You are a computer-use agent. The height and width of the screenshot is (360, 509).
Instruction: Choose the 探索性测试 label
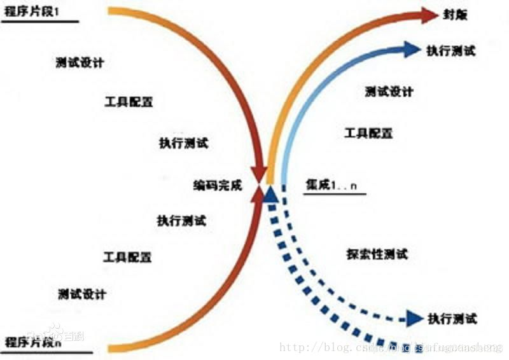pyautogui.click(x=377, y=254)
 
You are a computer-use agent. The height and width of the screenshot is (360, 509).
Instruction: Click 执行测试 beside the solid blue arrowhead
pyautogui.click(x=450, y=50)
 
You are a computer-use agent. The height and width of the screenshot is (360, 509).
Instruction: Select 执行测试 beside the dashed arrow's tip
pyautogui.click(x=452, y=318)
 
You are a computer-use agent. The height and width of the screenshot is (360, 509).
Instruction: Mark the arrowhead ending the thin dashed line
pyautogui.click(x=415, y=318)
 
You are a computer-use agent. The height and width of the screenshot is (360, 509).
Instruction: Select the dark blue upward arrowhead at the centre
pyautogui.click(x=270, y=193)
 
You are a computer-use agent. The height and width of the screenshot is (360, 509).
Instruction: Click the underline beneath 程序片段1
pyautogui.click(x=41, y=22)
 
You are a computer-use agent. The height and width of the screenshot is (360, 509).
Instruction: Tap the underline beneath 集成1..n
pyautogui.click(x=335, y=194)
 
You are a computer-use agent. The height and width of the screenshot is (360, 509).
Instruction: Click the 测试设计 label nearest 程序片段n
pyautogui.click(x=81, y=294)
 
